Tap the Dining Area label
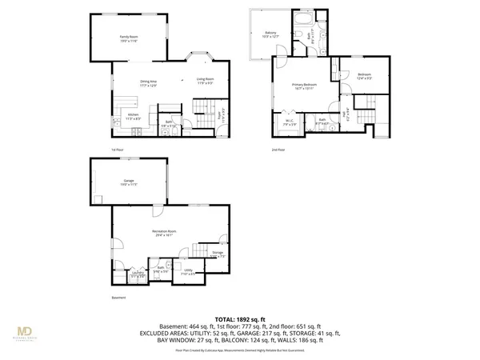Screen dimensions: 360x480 click(148, 82)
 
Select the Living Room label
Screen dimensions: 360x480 click(205, 79)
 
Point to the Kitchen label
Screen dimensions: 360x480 click(134, 116)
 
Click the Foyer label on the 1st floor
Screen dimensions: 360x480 click(221, 114)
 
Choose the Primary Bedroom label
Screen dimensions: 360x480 click(304, 86)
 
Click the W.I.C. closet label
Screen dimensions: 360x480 click(290, 123)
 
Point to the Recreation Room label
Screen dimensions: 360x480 click(164, 233)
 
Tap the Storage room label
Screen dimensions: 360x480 click(217, 254)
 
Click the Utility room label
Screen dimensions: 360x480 click(188, 271)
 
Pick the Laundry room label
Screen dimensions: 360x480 click(138, 274)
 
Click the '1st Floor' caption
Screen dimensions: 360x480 click(118, 149)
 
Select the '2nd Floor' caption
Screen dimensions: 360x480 click(278, 149)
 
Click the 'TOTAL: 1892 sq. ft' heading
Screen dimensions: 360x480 click(239, 318)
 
